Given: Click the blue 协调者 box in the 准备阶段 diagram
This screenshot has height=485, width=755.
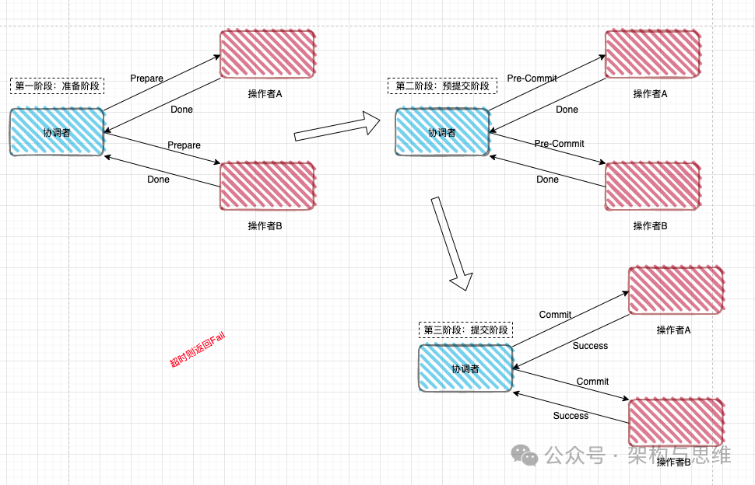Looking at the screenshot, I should click(57, 132).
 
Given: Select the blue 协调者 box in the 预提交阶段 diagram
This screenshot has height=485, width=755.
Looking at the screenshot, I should click(442, 132).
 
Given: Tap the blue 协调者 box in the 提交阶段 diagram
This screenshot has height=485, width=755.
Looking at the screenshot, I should click(465, 368).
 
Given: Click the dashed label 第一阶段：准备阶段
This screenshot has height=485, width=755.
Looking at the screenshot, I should click(58, 86).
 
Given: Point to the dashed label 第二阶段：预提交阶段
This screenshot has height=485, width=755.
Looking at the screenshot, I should click(442, 86).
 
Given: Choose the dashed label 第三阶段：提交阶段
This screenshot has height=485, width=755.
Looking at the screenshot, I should click(465, 330).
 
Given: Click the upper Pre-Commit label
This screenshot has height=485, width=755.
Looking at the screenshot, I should click(532, 79).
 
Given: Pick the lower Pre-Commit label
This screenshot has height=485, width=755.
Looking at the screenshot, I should click(559, 144).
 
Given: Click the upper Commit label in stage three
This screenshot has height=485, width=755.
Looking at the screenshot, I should click(555, 315).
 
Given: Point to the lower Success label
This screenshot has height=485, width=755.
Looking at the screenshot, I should click(571, 416).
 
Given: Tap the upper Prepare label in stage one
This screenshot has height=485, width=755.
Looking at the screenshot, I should click(146, 79).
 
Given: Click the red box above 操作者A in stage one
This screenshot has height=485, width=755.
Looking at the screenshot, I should click(267, 54).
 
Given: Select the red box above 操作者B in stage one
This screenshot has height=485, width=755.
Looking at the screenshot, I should click(267, 187).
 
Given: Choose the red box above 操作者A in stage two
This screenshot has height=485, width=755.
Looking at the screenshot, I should click(652, 54).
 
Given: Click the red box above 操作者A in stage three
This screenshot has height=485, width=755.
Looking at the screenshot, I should click(676, 291).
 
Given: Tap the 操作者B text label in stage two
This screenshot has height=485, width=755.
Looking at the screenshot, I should click(650, 226).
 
